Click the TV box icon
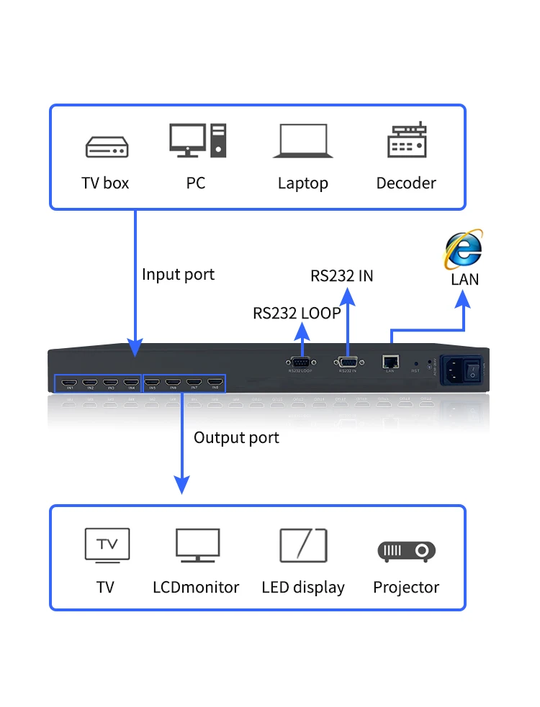coord(107,147)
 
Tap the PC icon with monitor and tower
coord(197,140)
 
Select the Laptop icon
coord(303,141)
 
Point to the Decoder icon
coord(406,141)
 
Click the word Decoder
coord(406,183)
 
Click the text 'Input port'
coord(178,274)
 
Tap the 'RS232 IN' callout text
coord(341,275)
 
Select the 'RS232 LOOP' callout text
coord(296,313)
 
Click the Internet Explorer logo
coord(464,250)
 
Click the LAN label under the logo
coord(464,280)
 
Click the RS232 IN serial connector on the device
coord(347,362)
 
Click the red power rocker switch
coord(472,369)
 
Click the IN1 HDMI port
coord(70,383)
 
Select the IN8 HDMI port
coord(215,383)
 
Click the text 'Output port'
coord(236,437)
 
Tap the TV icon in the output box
coord(107,545)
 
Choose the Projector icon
coord(406,551)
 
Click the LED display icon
coord(303,546)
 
